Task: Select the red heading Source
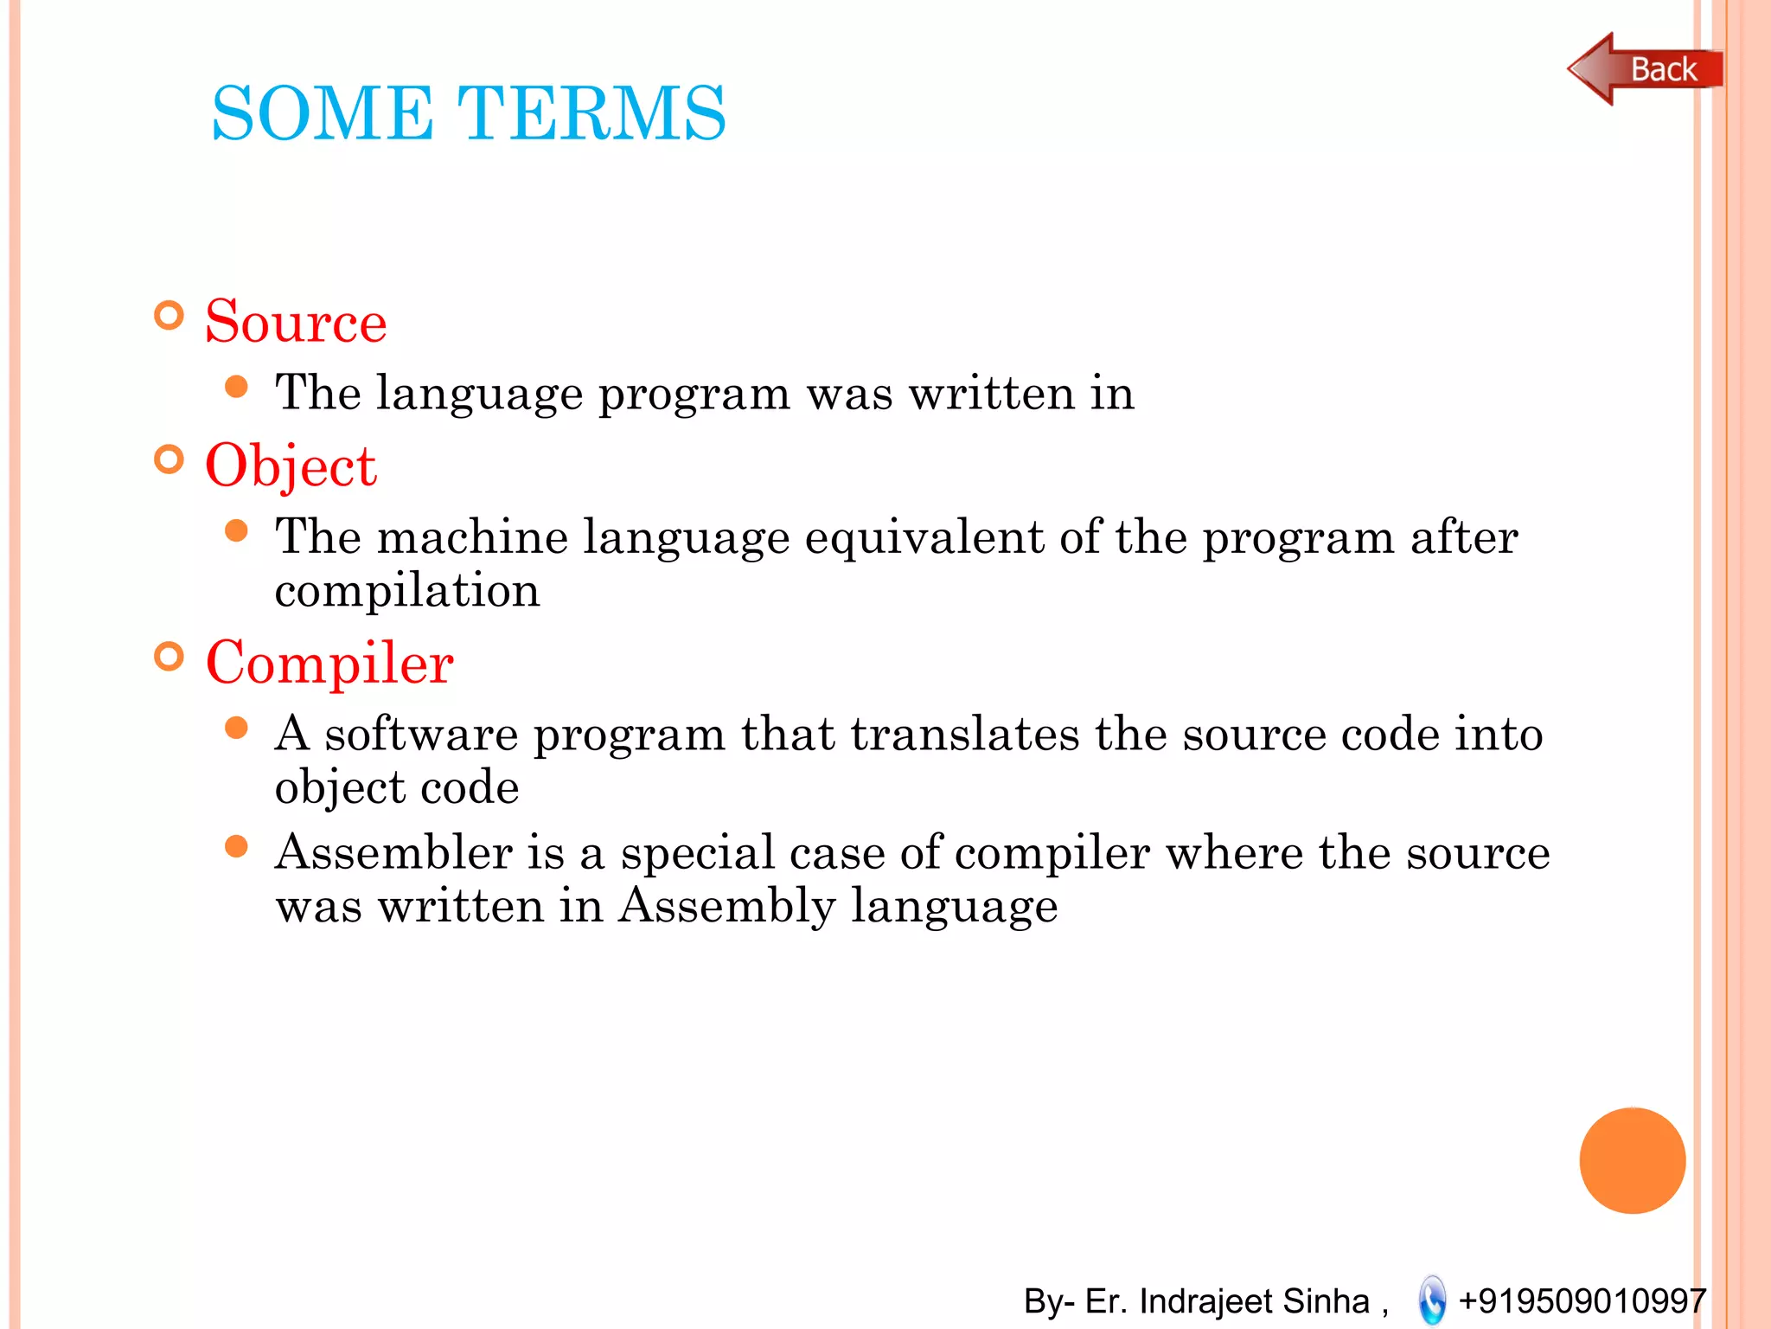click(x=296, y=322)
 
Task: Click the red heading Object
click(x=291, y=466)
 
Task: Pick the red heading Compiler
click(x=329, y=663)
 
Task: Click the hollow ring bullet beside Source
click(x=169, y=316)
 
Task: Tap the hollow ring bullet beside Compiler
click(x=169, y=657)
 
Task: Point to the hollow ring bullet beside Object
click(x=169, y=459)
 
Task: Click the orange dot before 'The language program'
click(x=236, y=386)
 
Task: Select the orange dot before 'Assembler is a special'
click(x=236, y=845)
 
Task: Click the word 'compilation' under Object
click(x=407, y=591)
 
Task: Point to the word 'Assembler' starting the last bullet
click(x=393, y=852)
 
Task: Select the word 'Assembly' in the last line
click(x=727, y=906)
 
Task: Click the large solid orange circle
click(x=1632, y=1160)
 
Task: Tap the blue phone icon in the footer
click(x=1432, y=1300)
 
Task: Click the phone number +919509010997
click(x=1582, y=1300)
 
